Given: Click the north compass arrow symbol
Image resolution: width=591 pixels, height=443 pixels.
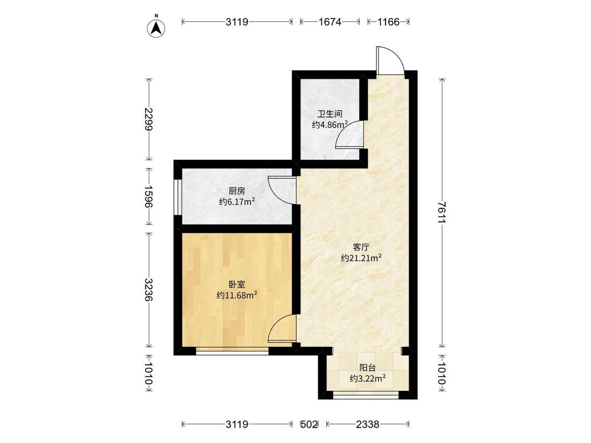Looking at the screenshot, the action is pyautogui.click(x=157, y=27).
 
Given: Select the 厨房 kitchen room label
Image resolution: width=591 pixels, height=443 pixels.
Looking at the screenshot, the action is pyautogui.click(x=237, y=192).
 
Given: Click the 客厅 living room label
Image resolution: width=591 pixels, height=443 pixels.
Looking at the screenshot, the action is pyautogui.click(x=361, y=248).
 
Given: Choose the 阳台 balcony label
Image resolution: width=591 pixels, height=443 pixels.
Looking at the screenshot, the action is pyautogui.click(x=367, y=367).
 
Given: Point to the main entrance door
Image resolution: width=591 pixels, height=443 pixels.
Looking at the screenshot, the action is pyautogui.click(x=390, y=60).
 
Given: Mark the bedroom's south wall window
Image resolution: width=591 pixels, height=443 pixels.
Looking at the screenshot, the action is pyautogui.click(x=232, y=351).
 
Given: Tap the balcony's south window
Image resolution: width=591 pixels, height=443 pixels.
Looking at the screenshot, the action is pyautogui.click(x=366, y=395).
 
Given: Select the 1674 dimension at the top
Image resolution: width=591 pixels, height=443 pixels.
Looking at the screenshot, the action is pyautogui.click(x=330, y=22).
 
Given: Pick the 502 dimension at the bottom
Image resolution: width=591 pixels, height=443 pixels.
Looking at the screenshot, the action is pyautogui.click(x=309, y=425).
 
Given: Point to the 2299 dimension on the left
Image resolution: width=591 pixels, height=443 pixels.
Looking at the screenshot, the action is pyautogui.click(x=149, y=119).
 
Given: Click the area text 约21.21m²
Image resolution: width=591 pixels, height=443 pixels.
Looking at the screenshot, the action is pyautogui.click(x=361, y=258).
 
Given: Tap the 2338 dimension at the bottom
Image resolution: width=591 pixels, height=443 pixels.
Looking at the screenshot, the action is pyautogui.click(x=368, y=425).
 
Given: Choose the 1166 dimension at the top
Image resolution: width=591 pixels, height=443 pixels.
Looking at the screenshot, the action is pyautogui.click(x=388, y=22).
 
